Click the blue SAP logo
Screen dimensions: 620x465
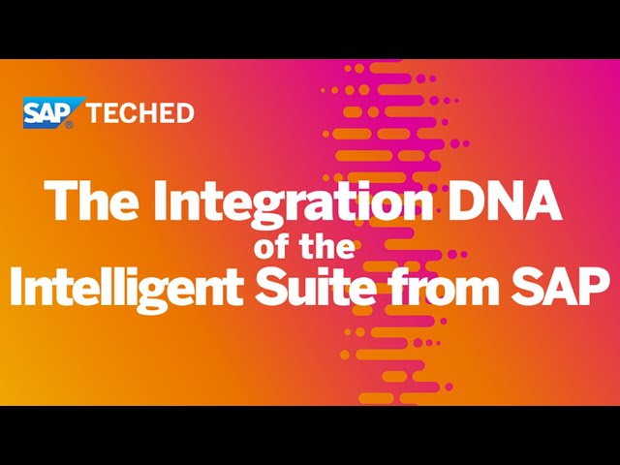[x=53, y=112]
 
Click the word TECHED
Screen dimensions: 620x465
[x=139, y=113]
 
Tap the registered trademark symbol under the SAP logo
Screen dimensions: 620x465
[x=69, y=125]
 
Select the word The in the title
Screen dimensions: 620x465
[x=92, y=201]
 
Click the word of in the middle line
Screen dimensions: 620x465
[x=271, y=246]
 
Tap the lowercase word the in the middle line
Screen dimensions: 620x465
[x=326, y=246]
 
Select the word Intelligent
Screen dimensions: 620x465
[x=127, y=288]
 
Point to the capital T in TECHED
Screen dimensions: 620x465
[x=95, y=113]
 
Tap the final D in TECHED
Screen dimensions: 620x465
[x=185, y=113]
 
